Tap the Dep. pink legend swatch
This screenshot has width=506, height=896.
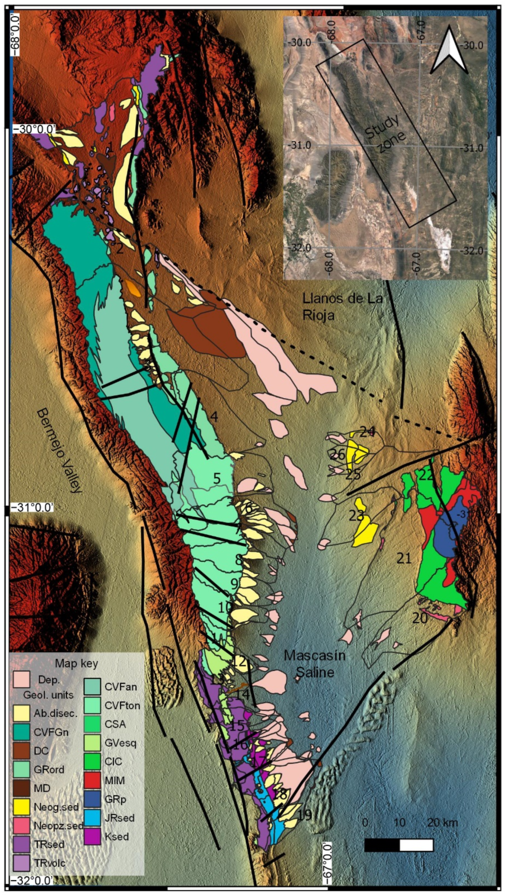[21, 679]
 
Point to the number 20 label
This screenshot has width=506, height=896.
[420, 618]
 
